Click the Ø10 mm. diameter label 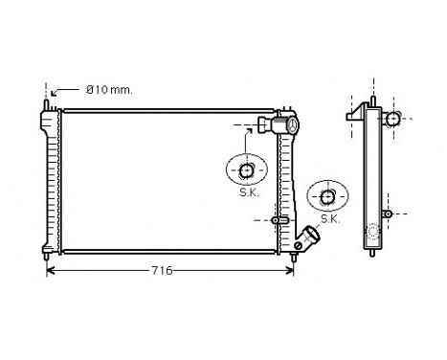pyautogui.click(x=108, y=90)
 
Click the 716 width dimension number pyautogui.click(x=161, y=271)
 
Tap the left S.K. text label pyautogui.click(x=248, y=191)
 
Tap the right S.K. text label pyautogui.click(x=329, y=218)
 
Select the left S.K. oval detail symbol pyautogui.click(x=247, y=170)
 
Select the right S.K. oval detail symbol pyautogui.click(x=327, y=197)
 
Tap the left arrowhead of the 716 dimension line pyautogui.click(x=51, y=271)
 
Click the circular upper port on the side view pyautogui.click(x=392, y=119)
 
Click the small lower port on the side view pyautogui.click(x=387, y=212)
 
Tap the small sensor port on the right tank pyautogui.click(x=277, y=220)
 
